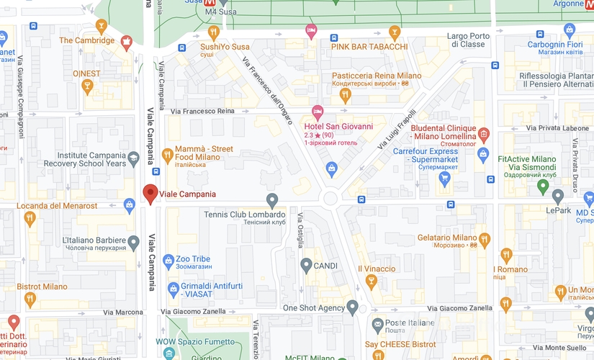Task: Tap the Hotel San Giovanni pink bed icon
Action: (317, 112)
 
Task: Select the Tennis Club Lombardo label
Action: (244, 215)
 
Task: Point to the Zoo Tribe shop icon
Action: (168, 259)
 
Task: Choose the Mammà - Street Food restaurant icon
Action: (167, 153)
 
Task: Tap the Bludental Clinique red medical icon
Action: (483, 135)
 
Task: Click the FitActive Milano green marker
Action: (544, 187)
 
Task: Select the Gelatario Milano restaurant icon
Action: (484, 238)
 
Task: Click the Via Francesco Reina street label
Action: (204, 111)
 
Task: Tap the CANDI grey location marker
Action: (305, 265)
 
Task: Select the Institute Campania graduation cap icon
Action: (133, 158)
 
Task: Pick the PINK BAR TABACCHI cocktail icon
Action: (394, 32)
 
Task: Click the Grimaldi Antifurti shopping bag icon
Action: (173, 288)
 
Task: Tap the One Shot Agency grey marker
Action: (352, 307)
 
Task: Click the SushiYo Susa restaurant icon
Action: (214, 32)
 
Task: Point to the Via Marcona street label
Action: (123, 312)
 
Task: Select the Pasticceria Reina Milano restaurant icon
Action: (345, 94)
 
